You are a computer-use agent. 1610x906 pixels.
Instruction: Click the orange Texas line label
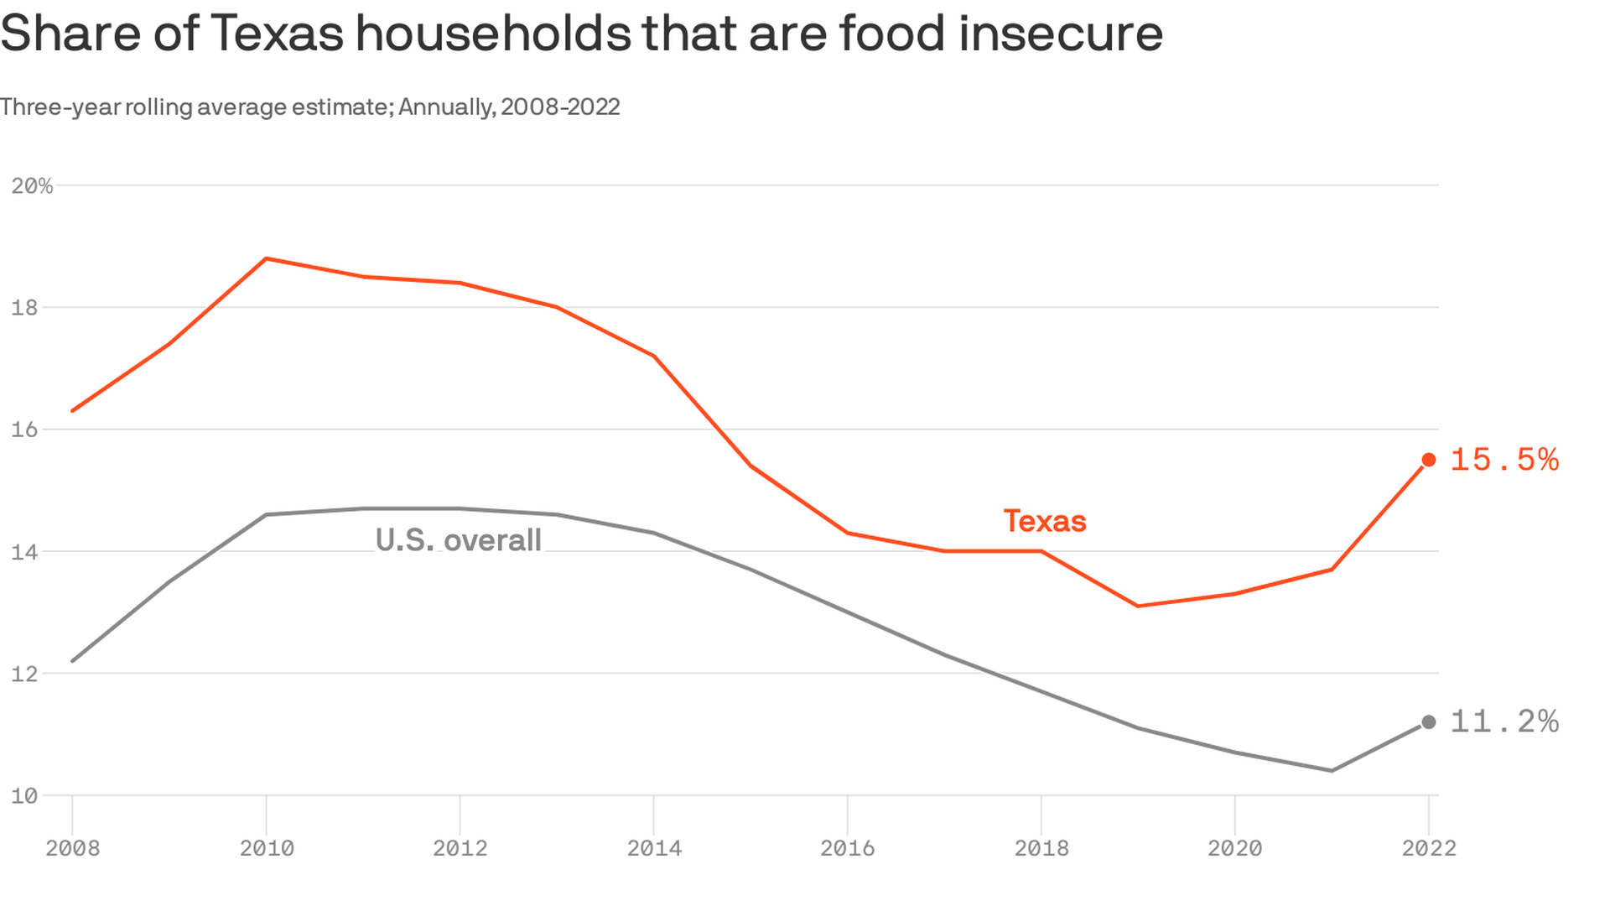[x=1045, y=521]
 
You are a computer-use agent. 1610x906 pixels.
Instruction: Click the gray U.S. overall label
[x=458, y=540]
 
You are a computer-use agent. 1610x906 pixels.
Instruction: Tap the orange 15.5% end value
[x=1504, y=460]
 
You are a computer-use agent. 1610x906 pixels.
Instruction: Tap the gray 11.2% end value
[x=1504, y=721]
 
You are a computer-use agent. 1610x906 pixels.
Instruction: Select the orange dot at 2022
[x=1429, y=460]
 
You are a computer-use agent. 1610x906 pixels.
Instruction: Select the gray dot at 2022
[x=1429, y=722]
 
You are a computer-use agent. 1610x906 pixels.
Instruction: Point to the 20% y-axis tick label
[x=32, y=185]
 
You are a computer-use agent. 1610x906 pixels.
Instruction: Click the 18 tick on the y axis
[x=25, y=307]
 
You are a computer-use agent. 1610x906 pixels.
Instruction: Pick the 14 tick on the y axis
[x=25, y=551]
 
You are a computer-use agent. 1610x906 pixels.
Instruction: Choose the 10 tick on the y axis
[x=25, y=795]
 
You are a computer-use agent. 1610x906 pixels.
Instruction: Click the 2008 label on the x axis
[x=73, y=848]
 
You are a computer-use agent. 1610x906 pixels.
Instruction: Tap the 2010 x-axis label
[x=267, y=848]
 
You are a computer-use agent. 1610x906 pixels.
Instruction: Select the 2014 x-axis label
[x=654, y=848]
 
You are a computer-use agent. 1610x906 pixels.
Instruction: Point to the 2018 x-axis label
[x=1041, y=848]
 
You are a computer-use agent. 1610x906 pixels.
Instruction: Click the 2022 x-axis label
[x=1429, y=848]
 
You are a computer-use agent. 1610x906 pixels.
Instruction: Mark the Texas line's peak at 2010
[x=267, y=258]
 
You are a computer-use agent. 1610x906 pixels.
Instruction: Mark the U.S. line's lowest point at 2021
[x=1332, y=770]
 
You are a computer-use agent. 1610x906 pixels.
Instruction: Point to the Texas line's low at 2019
[x=1138, y=606]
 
